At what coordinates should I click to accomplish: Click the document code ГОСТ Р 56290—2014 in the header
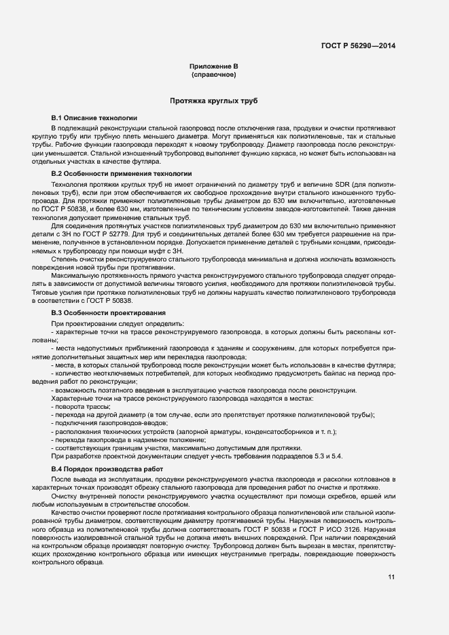point(358,46)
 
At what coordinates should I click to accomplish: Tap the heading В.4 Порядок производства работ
point(108,469)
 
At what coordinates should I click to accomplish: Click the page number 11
point(391,577)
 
